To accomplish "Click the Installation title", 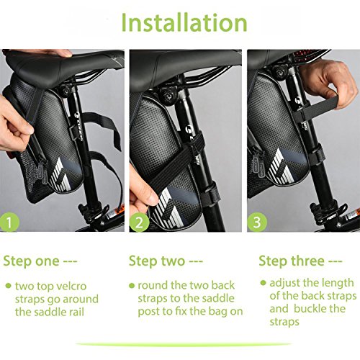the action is [x=184, y=22].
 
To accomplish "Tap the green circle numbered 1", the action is [x=9, y=222].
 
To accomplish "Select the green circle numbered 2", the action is [x=139, y=222].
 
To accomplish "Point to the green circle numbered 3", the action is [x=257, y=222].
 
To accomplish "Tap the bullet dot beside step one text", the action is [x=9, y=286].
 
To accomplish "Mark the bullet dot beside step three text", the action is [x=263, y=283].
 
